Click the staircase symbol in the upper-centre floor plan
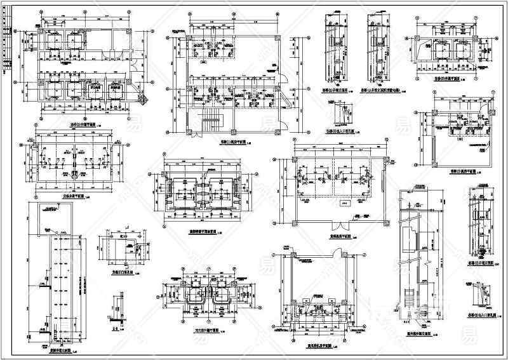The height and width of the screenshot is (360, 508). pos(208,121)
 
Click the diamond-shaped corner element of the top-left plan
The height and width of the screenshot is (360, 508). pos(145,98)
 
